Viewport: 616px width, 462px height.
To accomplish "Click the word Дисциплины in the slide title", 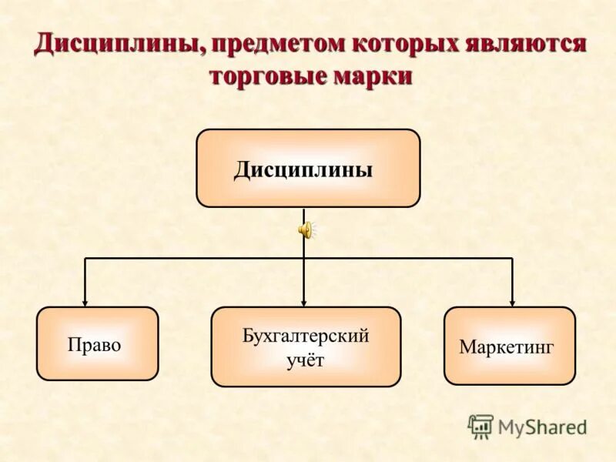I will point(118,44).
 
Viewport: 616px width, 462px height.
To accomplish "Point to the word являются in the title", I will point(526,44).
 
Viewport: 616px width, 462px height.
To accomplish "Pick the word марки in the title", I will point(373,77).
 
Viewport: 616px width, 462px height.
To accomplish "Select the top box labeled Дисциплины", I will point(308,168).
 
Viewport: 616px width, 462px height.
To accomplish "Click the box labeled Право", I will point(97,343).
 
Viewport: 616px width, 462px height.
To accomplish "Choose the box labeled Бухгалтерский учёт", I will point(306,346).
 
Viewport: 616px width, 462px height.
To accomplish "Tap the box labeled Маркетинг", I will point(509,346).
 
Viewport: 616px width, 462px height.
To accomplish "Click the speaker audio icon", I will point(306,229).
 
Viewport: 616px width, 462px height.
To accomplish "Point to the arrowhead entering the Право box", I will point(85,302).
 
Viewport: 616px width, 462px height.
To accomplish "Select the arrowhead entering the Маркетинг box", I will point(512,302).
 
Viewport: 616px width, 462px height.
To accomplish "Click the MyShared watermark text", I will point(542,427).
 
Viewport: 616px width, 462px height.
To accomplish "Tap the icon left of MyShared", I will point(480,427).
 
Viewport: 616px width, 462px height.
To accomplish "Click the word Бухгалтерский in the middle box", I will point(306,336).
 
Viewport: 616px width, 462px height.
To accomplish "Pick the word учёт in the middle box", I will point(306,360).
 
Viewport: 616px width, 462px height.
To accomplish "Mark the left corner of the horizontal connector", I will point(85,258).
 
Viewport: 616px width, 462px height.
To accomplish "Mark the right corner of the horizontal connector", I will point(512,258).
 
